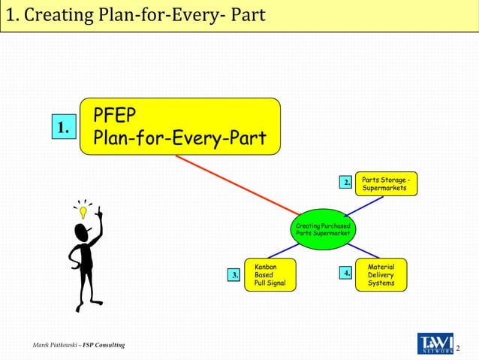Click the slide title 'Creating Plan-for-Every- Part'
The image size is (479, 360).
(x=135, y=15)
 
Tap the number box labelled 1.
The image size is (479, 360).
(x=63, y=129)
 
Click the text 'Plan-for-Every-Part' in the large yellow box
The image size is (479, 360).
(x=179, y=140)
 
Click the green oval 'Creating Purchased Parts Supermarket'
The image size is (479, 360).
(x=323, y=229)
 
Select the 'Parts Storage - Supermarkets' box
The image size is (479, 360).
(x=385, y=184)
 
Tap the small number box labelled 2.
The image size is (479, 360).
(x=345, y=183)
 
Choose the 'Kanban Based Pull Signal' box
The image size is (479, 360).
(x=270, y=275)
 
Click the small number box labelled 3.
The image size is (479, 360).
(x=235, y=275)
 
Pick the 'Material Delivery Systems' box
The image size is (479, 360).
(x=381, y=275)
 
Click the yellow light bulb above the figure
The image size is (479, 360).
(x=83, y=213)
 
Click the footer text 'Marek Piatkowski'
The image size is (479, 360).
(x=56, y=345)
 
